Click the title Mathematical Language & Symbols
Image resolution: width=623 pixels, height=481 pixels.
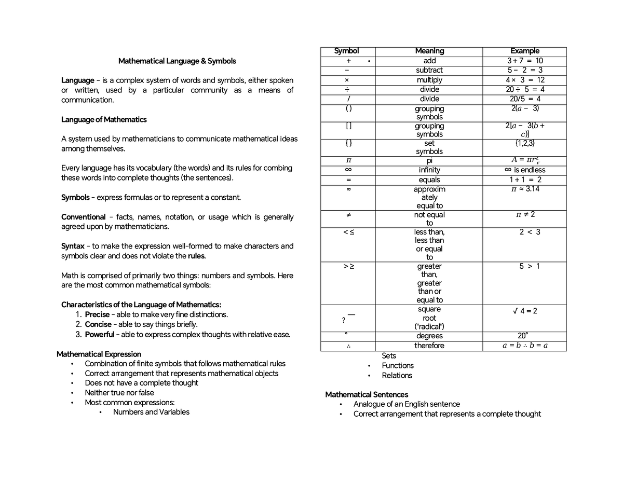point(177,61)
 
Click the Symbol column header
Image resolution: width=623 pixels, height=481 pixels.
point(346,51)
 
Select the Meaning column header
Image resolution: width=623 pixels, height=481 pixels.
point(429,51)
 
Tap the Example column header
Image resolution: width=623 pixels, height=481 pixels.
point(524,51)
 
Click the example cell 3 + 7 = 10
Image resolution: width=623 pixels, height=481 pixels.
point(524,61)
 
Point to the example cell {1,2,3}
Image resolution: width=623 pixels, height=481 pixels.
point(524,143)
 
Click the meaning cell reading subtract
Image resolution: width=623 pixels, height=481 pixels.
point(429,70)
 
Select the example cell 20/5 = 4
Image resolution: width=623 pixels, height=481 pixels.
point(524,99)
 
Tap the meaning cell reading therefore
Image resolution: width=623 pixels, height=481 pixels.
point(429,346)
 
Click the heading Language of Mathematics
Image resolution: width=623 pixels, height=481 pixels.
point(104,120)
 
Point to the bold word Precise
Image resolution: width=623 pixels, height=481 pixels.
point(97,314)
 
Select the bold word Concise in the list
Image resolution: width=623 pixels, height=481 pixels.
point(98,324)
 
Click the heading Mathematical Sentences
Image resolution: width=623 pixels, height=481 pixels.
point(367,395)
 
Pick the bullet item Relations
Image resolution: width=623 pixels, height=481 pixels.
point(397,376)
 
